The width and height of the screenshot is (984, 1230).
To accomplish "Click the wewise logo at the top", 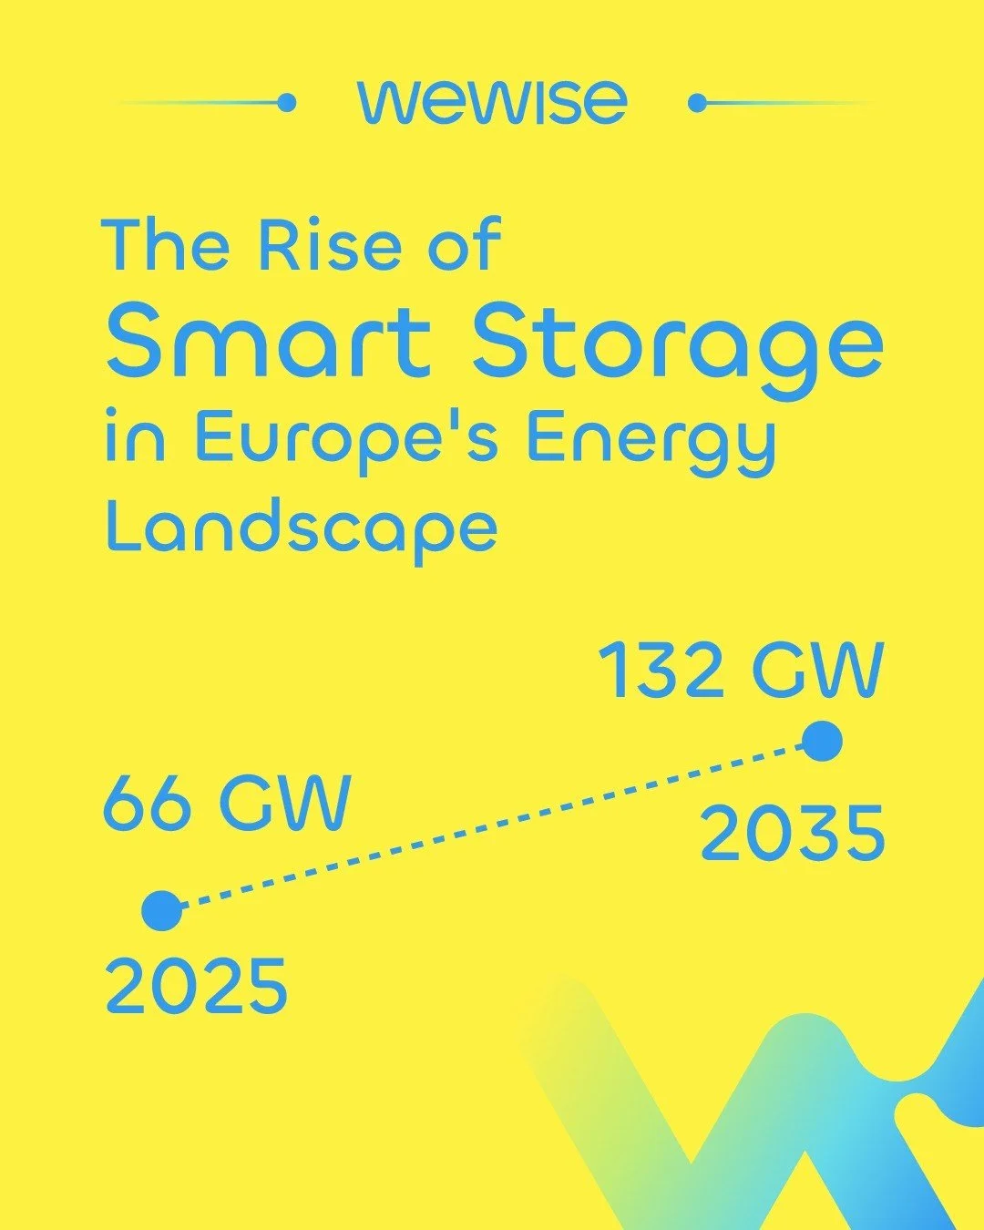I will (x=492, y=101).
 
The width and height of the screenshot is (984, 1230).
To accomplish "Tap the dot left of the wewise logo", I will (x=286, y=103).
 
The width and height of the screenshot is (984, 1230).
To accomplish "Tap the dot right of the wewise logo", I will (x=698, y=103).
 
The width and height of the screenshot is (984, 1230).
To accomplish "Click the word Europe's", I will (x=346, y=439).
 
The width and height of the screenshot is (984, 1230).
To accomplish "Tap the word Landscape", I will (x=302, y=529).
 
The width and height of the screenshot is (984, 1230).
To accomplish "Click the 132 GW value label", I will (x=741, y=671).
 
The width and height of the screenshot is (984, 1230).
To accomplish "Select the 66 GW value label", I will (x=227, y=803).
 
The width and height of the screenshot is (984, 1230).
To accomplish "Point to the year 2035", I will (x=792, y=835).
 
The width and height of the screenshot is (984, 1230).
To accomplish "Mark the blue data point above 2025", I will (x=162, y=910).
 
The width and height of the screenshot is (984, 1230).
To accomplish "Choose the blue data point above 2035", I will (x=823, y=741).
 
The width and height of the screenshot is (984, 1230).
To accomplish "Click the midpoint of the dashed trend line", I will (x=492, y=825).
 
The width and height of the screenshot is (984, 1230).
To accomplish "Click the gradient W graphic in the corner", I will (x=774, y=1121).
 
